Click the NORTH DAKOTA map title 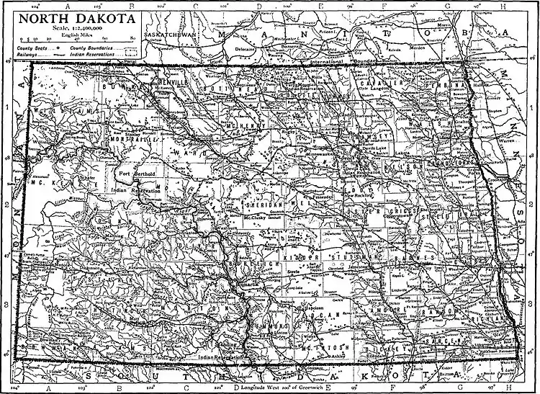coord(71,17)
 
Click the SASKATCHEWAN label coord(170,35)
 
